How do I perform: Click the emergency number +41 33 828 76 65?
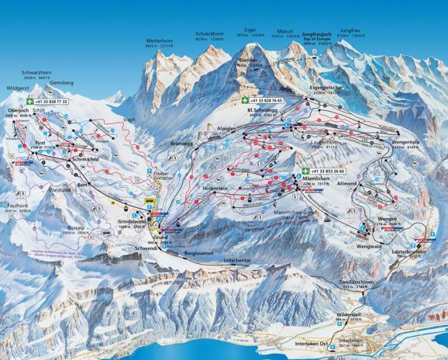coord(266,101)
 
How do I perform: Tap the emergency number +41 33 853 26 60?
coord(329,170)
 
